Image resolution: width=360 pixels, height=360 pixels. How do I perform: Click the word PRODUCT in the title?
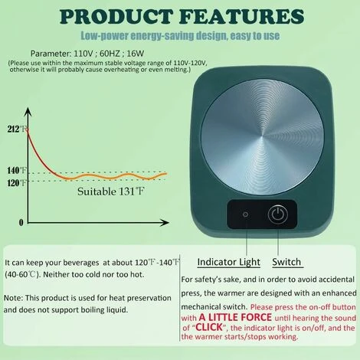coord(114,16)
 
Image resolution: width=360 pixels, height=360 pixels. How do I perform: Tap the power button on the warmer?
coord(278,214)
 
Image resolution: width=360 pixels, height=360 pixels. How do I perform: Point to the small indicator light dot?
coord(244,215)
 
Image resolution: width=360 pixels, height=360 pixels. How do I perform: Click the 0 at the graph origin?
coord(21,222)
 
